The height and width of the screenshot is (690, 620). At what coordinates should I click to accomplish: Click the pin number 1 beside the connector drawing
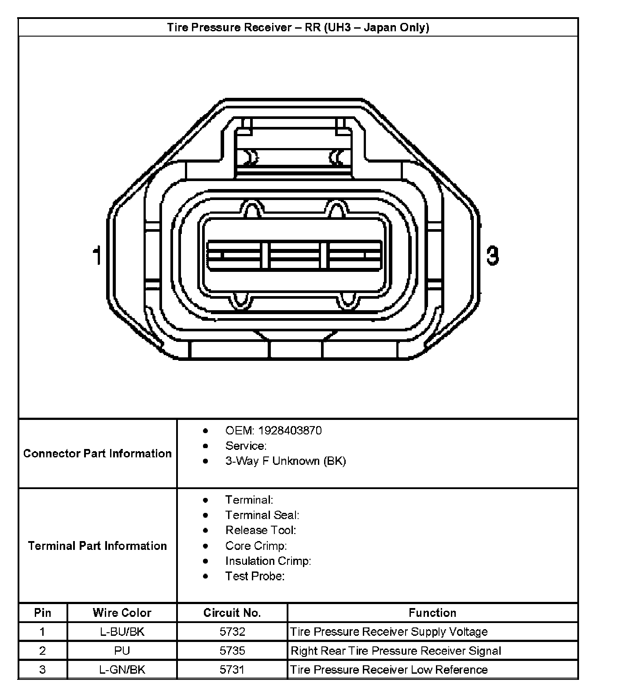point(97,256)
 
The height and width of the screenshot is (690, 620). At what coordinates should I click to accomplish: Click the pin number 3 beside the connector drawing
point(492,256)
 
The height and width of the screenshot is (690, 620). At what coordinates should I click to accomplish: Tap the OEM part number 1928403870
point(290,430)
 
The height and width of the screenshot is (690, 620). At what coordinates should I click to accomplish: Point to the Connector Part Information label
point(97,453)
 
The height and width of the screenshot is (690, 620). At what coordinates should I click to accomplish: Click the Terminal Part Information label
point(97,546)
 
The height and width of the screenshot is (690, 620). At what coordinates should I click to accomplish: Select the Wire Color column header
point(122,613)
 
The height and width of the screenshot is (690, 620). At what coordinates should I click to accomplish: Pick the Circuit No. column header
point(232,613)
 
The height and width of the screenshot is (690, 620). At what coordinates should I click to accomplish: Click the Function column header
point(432,613)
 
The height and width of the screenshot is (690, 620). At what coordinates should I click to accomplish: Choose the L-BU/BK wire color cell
point(122,632)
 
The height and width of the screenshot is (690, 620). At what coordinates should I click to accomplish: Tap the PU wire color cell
point(122,651)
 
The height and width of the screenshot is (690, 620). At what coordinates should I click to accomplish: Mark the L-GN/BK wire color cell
point(122,670)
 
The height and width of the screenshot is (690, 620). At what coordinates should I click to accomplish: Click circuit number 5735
point(232,651)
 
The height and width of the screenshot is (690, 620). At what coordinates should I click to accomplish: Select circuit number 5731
point(232,670)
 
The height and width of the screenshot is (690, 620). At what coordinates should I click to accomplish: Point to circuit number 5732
point(232,632)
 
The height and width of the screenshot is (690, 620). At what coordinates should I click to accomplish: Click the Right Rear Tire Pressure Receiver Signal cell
point(396,651)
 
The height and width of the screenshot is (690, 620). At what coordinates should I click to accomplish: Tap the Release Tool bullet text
point(261,530)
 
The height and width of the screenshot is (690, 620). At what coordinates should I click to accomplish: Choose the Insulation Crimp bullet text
point(268,561)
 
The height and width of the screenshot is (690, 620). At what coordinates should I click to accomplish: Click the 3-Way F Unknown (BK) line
point(285,461)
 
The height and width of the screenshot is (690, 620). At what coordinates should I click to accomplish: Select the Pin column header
point(43,613)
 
